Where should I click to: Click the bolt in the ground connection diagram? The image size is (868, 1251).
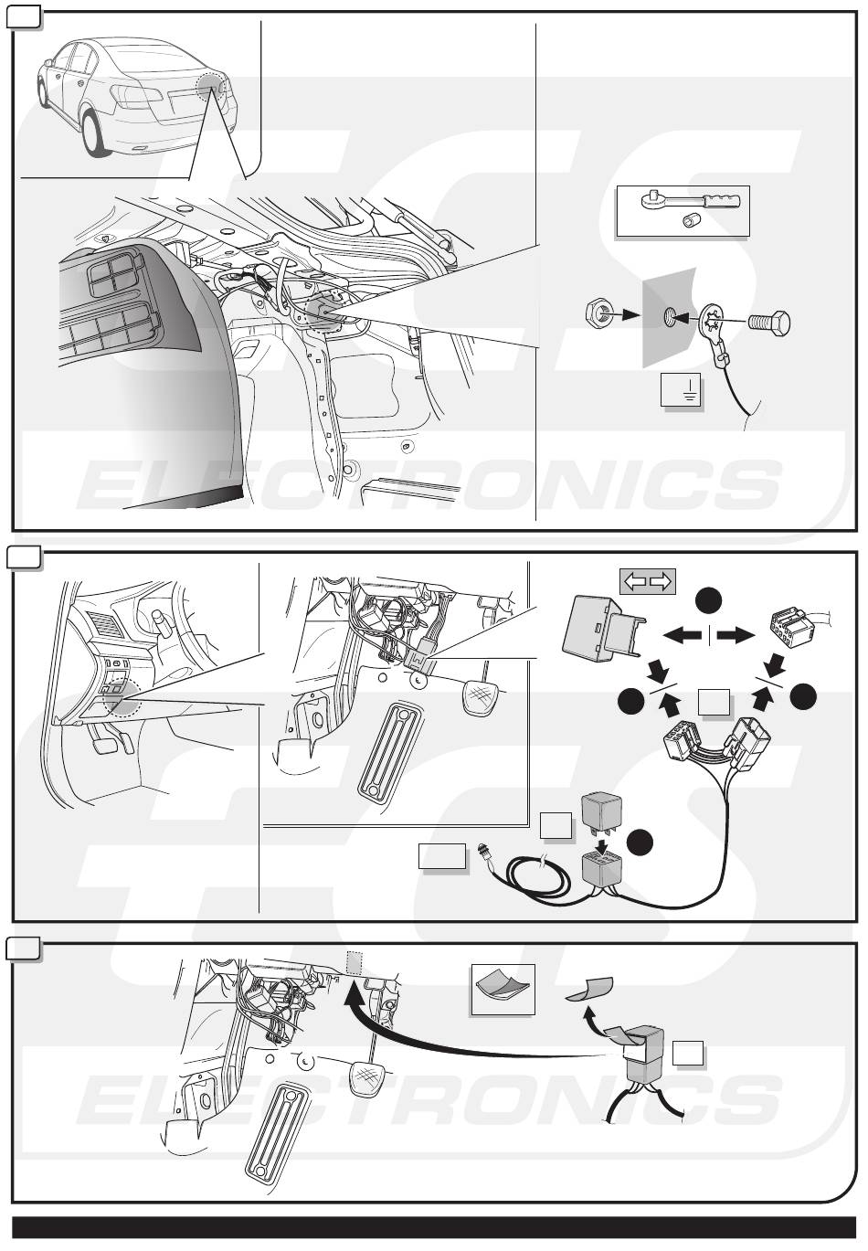pyautogui.click(x=769, y=323)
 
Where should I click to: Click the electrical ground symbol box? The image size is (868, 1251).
pyautogui.click(x=680, y=390)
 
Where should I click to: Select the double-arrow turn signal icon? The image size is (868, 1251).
pyautogui.click(x=648, y=582)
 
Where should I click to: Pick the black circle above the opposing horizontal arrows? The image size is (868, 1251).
pyautogui.click(x=709, y=600)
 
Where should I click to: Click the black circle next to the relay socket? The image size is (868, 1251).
pyautogui.click(x=640, y=843)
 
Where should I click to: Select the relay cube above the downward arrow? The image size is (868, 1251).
pyautogui.click(x=601, y=812)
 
